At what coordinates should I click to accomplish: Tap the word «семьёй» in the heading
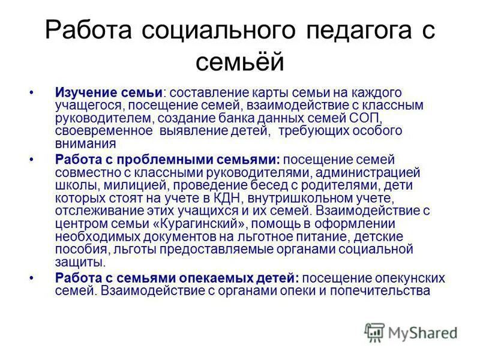[x=239, y=60]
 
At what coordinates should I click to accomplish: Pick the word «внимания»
[x=85, y=144]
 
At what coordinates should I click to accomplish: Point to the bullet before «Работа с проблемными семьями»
[x=31, y=160]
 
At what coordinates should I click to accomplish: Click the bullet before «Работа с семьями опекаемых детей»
[x=31, y=278]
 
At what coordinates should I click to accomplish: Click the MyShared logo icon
[x=374, y=332]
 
